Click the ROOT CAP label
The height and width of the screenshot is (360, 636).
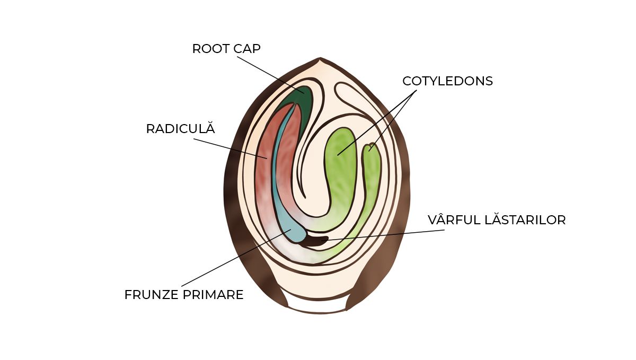pos(226,49)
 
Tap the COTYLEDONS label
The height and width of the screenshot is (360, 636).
pos(447,81)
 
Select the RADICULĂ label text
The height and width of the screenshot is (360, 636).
pos(180,129)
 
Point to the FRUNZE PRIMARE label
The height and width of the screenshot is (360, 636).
pos(184,295)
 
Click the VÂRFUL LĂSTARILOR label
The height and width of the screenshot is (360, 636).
pos(497,220)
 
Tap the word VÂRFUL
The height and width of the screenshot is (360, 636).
pos(450,220)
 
